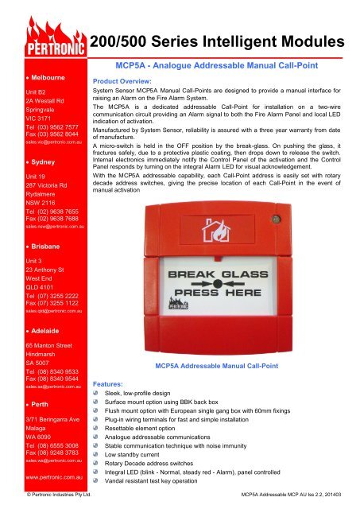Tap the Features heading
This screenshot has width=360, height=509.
[x=107, y=383]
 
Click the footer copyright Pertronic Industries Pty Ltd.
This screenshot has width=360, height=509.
[x=59, y=495]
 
